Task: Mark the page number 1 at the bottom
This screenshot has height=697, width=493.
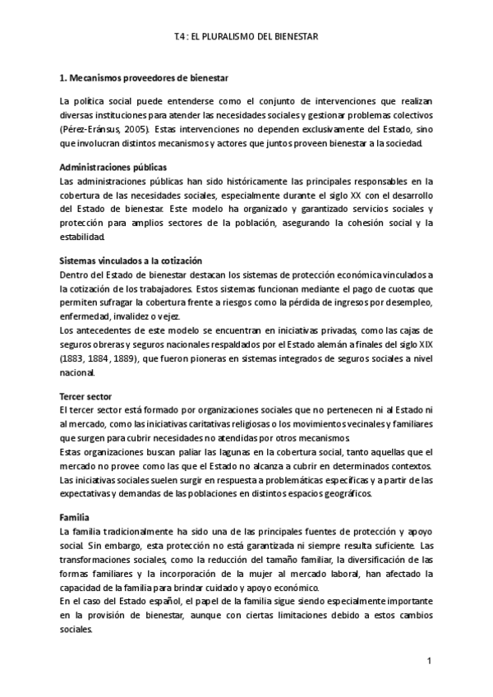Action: (x=429, y=662)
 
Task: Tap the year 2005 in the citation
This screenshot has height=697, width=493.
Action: (x=136, y=131)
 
